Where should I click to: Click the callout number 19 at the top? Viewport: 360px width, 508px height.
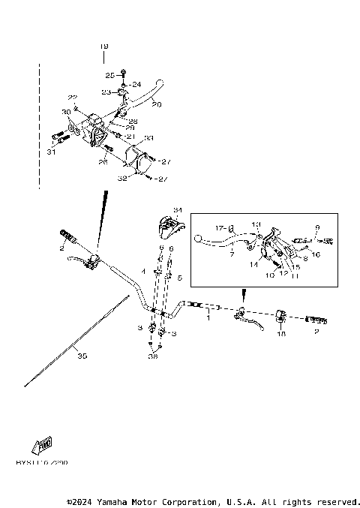click(104, 47)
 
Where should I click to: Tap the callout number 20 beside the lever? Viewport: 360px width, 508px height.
click(156, 104)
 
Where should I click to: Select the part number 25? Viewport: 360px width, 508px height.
click(109, 75)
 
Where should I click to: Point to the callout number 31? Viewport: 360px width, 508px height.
click(51, 152)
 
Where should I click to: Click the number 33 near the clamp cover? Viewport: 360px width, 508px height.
click(148, 138)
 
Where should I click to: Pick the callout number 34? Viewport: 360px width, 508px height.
click(178, 210)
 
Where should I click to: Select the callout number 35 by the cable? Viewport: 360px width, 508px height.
click(81, 356)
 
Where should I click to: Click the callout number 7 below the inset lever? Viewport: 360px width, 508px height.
click(232, 254)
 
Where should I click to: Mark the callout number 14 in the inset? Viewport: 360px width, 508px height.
click(253, 264)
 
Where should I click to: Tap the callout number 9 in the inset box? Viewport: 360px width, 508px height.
click(316, 227)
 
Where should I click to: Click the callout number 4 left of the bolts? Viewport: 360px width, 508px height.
click(144, 271)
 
